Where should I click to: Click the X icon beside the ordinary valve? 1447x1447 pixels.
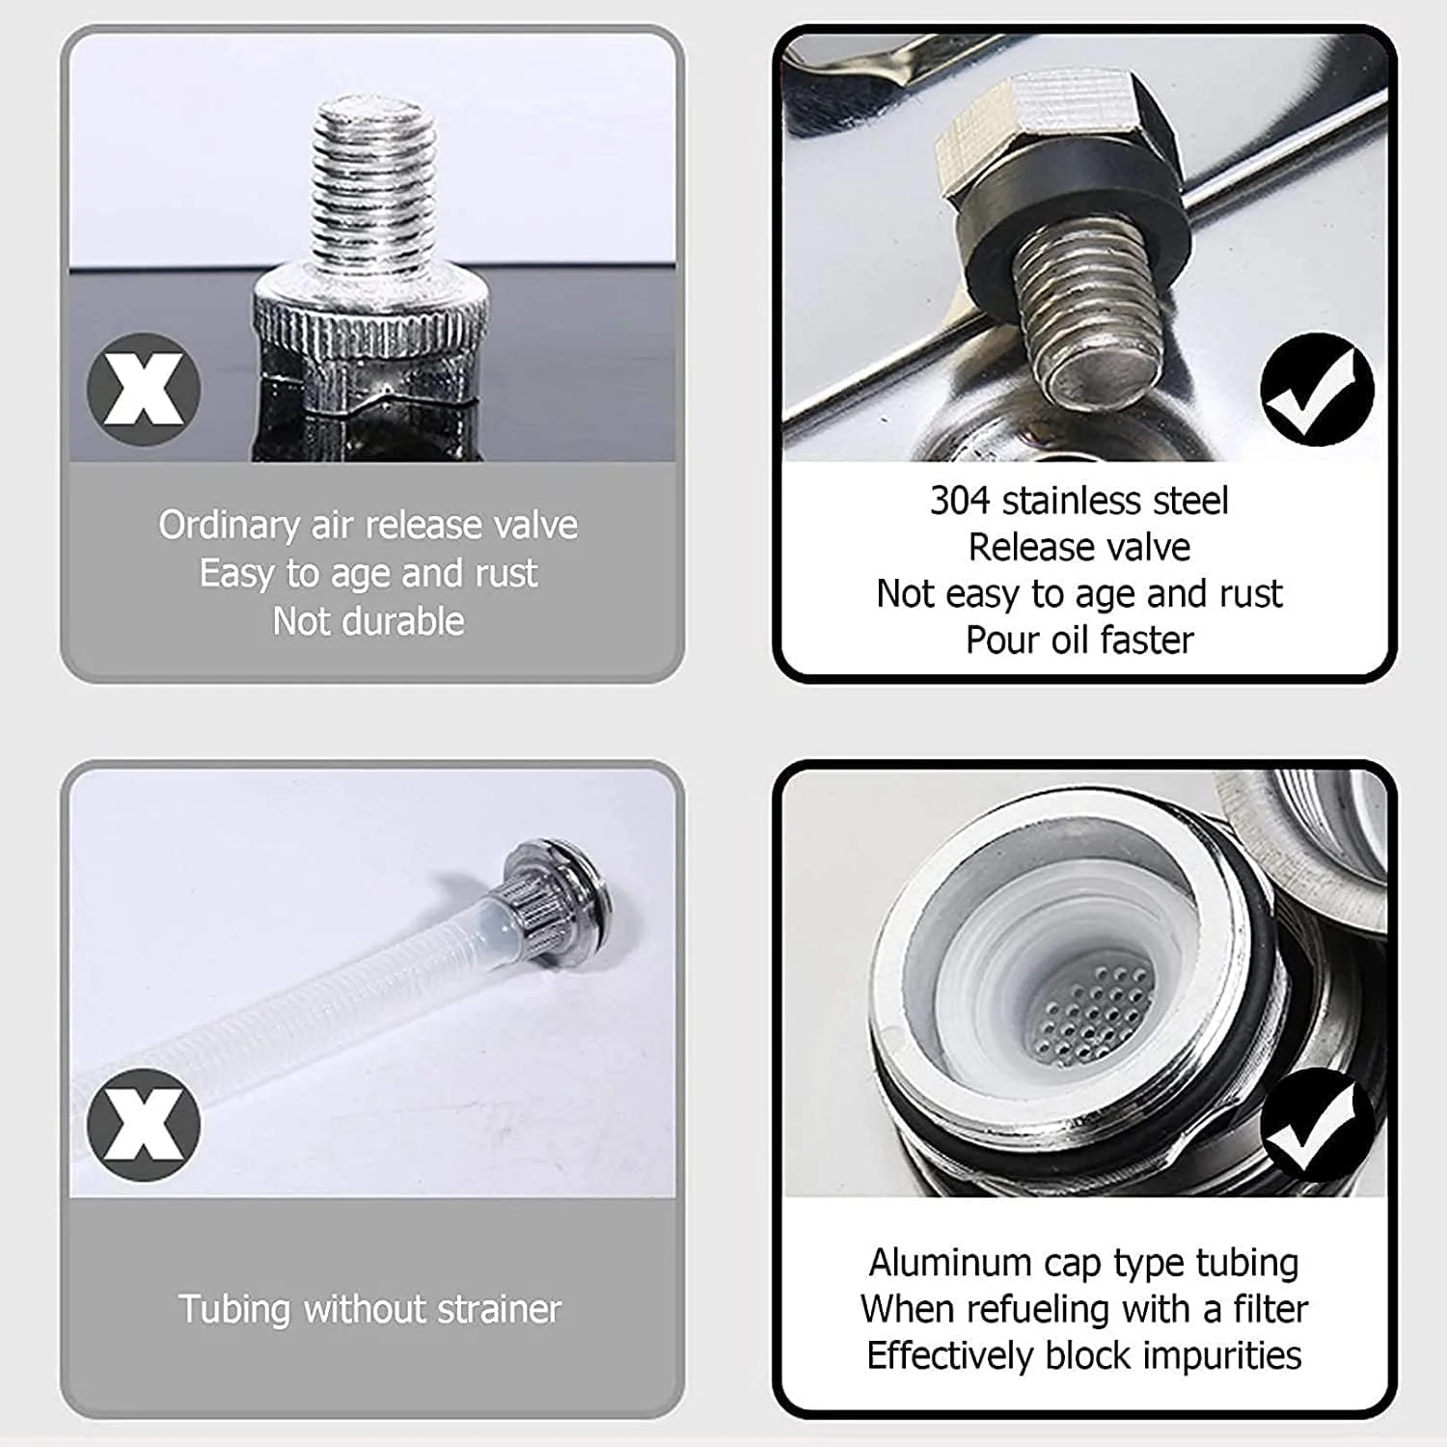(144, 389)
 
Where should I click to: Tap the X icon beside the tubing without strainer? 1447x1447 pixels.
(144, 1125)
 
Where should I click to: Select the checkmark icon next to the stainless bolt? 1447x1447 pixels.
(1317, 389)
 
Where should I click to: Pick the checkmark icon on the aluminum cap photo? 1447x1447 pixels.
(1317, 1125)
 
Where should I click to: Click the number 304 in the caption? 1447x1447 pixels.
(960, 501)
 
